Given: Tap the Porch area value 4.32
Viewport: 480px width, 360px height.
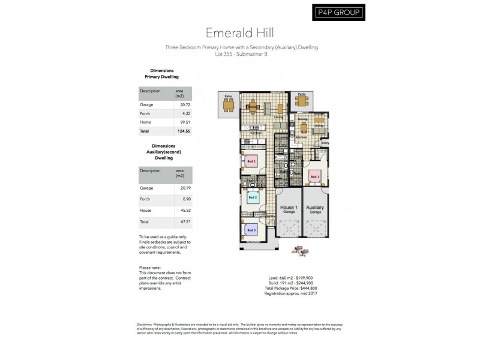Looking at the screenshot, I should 179,113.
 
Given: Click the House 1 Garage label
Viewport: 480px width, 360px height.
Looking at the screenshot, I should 289,208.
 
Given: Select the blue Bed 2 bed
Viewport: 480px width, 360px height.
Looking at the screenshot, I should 253,197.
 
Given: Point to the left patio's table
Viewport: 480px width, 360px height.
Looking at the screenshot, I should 228,106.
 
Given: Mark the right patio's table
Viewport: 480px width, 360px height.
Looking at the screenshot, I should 301,103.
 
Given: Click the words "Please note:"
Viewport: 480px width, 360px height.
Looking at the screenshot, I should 150,268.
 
